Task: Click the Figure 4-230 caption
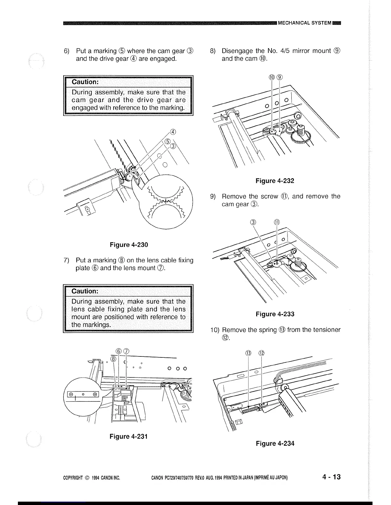(x=129, y=245)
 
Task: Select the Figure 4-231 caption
(x=128, y=436)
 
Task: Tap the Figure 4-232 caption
(x=275, y=181)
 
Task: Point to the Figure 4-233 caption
(x=275, y=314)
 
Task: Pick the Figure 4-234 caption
(x=275, y=443)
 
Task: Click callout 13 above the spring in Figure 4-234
(x=249, y=353)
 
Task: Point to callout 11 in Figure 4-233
(x=277, y=222)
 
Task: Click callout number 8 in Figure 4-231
(x=113, y=359)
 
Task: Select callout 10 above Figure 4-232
(x=272, y=77)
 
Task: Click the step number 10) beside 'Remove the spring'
(x=214, y=330)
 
